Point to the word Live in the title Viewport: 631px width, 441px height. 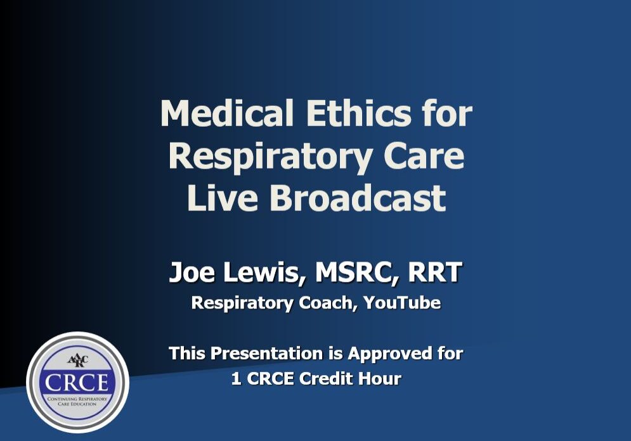point(222,198)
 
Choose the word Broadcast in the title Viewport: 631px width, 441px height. point(358,198)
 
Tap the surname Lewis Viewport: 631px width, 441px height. point(254,273)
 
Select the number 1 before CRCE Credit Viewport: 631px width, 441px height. point(235,379)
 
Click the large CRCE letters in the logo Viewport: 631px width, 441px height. point(77,381)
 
